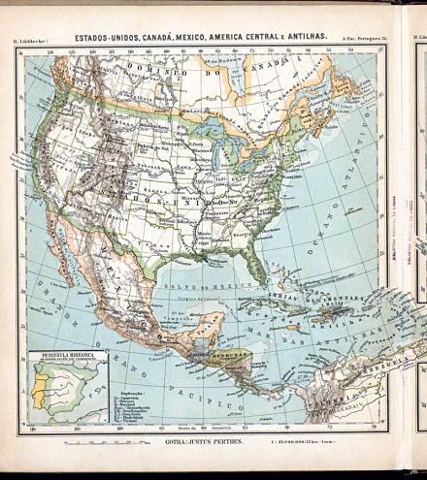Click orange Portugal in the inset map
(x=40, y=389)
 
